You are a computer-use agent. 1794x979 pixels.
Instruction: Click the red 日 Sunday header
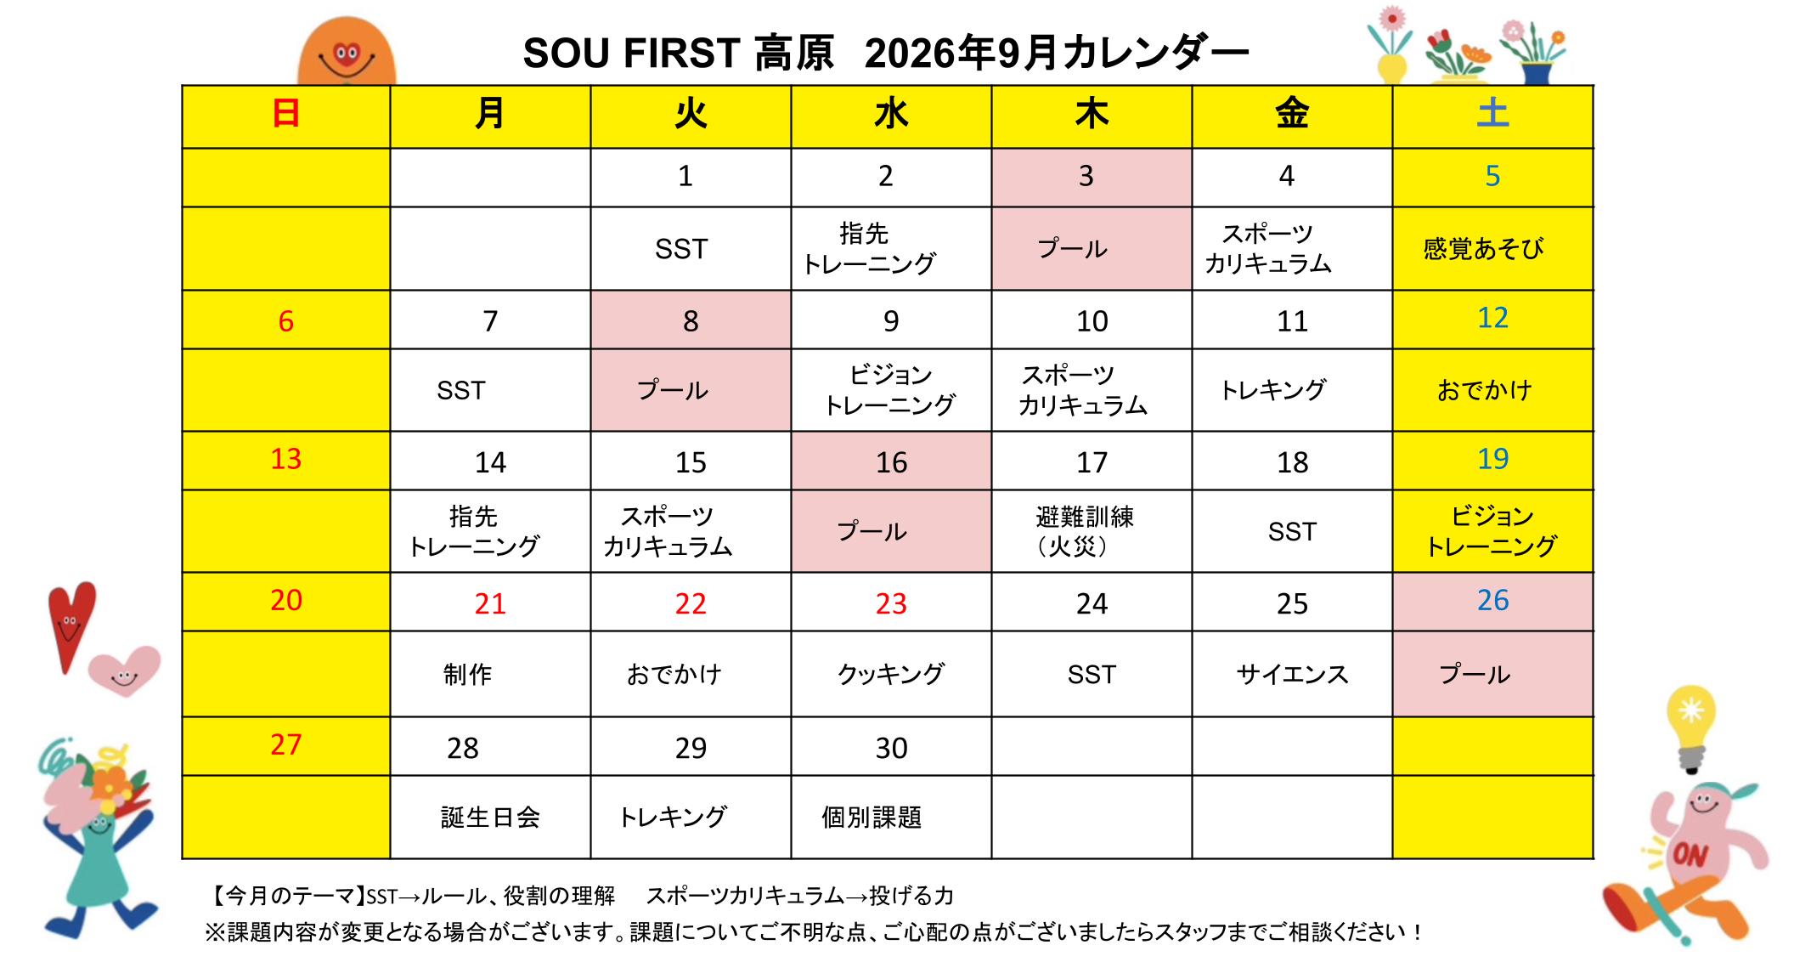[x=286, y=114]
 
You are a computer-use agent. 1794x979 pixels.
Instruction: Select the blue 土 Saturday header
[x=1492, y=114]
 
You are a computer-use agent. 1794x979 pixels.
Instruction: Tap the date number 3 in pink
[x=1086, y=176]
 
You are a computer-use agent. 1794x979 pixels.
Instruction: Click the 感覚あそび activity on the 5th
[x=1483, y=248]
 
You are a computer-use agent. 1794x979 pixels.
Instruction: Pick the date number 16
[x=891, y=462]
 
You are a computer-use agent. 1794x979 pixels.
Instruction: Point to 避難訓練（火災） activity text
[x=1085, y=531]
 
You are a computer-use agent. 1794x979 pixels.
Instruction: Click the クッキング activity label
[x=890, y=674]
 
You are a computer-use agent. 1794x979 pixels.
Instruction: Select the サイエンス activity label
[x=1292, y=675]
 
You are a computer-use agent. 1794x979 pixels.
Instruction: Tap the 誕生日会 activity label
[x=490, y=818]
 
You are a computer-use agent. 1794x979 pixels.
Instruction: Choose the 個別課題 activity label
[x=872, y=818]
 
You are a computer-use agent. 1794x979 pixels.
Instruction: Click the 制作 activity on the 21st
[x=467, y=675]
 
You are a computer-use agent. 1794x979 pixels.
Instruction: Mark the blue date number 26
[x=1492, y=601]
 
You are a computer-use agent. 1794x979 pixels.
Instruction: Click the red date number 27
[x=286, y=744]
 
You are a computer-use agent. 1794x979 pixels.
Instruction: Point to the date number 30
[x=891, y=748]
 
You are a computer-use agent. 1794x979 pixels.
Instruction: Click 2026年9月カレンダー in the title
[x=1057, y=53]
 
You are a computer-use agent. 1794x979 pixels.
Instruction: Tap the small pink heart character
[x=125, y=671]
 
